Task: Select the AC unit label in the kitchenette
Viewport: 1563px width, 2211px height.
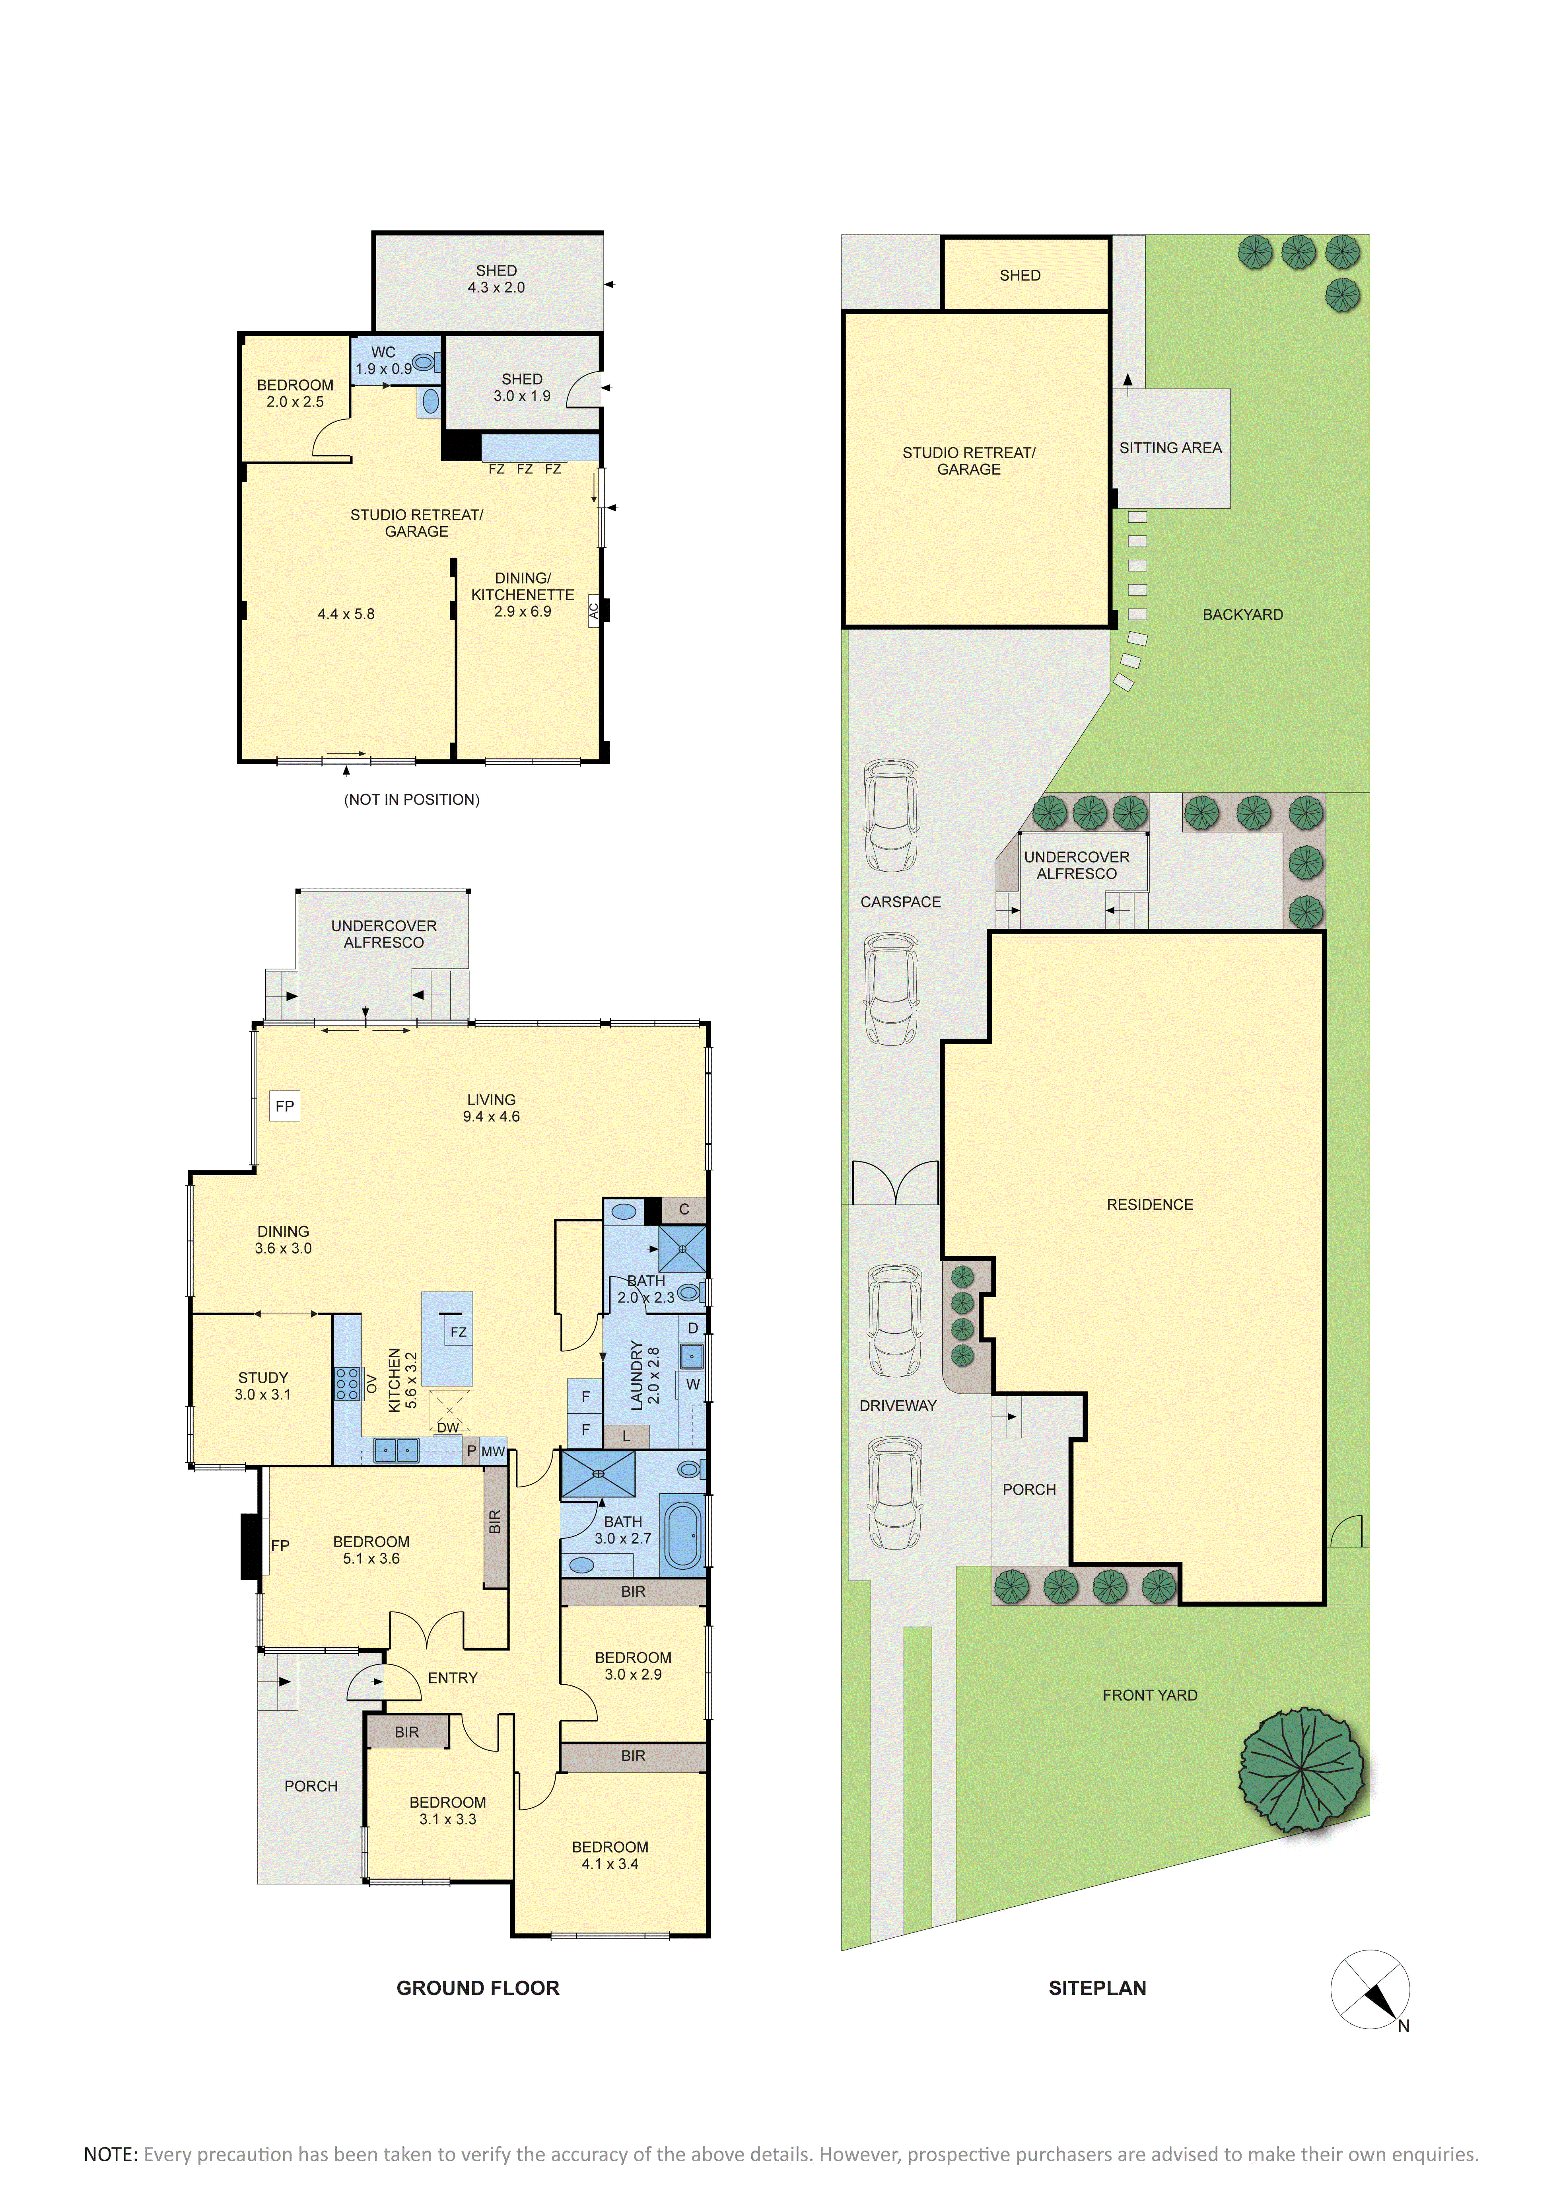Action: pyautogui.click(x=593, y=611)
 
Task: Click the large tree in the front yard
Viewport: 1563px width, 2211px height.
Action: pyautogui.click(x=1301, y=1770)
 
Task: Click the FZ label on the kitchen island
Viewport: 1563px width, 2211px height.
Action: pyautogui.click(x=459, y=1332)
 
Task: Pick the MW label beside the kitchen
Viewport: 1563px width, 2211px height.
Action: pyautogui.click(x=493, y=1451)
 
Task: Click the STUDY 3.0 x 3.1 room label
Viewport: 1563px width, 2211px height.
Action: pyautogui.click(x=263, y=1386)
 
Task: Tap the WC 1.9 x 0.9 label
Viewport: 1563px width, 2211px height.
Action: pyautogui.click(x=383, y=360)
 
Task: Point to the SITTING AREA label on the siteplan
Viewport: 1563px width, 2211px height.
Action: pyautogui.click(x=1170, y=448)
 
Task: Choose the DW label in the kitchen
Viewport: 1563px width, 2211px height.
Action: pyautogui.click(x=448, y=1427)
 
